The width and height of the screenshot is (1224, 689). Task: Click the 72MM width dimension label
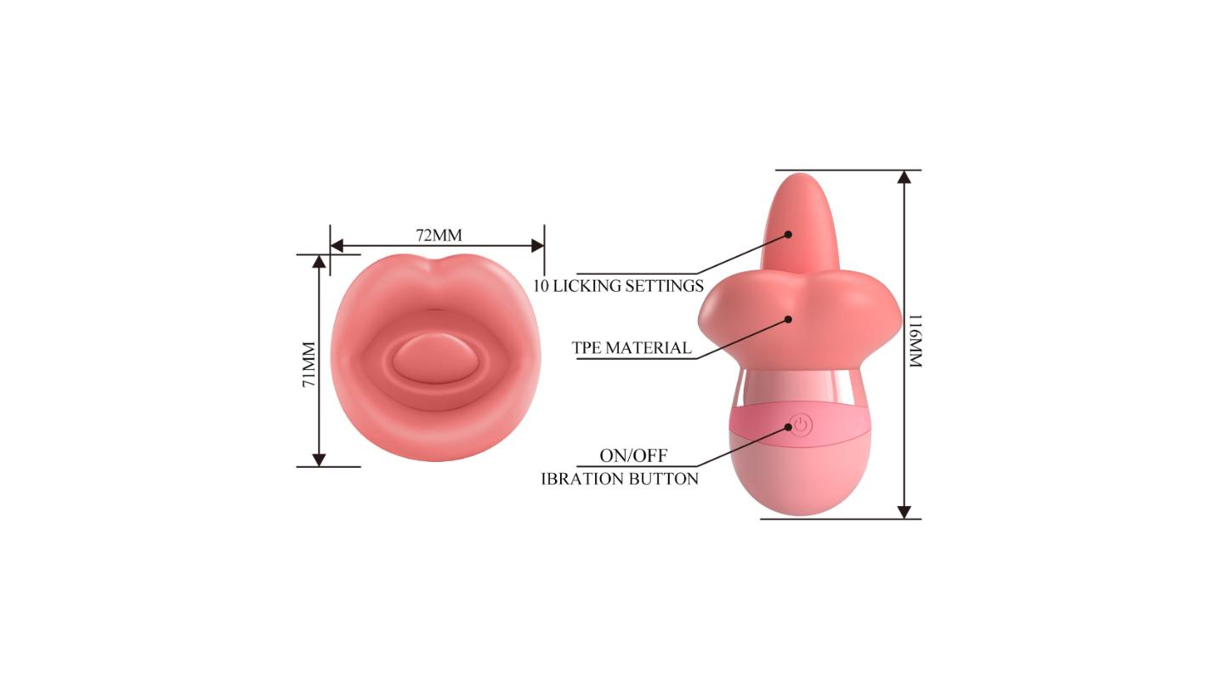coord(439,235)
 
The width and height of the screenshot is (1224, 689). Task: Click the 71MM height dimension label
coord(309,364)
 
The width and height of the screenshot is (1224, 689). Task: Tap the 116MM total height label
coord(915,340)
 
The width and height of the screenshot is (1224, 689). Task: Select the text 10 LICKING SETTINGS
coord(618,286)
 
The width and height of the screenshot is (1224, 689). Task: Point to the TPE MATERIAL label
coord(632,348)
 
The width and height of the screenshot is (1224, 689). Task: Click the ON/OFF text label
coord(633,456)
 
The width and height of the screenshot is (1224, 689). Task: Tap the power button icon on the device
coord(801,425)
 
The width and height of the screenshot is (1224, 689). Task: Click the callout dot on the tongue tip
coord(788,234)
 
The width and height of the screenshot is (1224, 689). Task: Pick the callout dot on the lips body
coord(788,319)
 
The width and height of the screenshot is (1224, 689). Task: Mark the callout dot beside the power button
coord(789,427)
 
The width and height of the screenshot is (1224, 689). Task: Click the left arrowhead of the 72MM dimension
coord(337,246)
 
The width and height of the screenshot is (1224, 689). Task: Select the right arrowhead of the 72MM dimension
coord(538,246)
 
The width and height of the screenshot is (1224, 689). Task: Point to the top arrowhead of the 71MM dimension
coord(319,261)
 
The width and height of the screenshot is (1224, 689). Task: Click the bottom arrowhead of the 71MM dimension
coord(319,460)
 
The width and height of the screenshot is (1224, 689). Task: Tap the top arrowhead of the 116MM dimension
coord(904,177)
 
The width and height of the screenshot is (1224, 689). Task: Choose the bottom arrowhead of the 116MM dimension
coord(904,512)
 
